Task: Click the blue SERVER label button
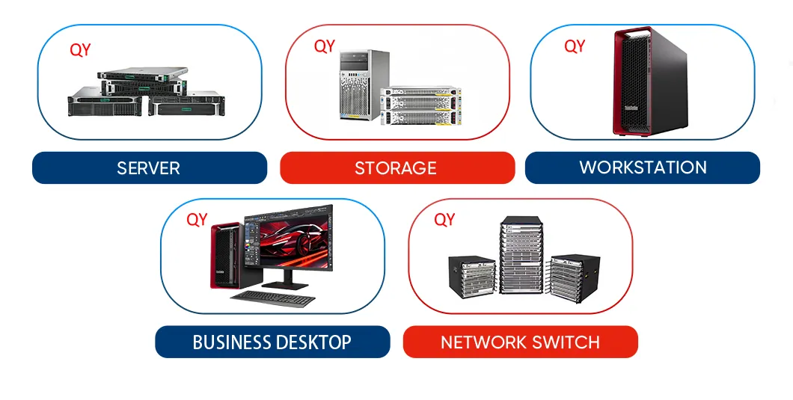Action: click(149, 167)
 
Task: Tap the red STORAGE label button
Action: click(396, 167)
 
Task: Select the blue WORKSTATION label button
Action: click(643, 167)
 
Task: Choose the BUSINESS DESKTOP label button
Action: click(272, 342)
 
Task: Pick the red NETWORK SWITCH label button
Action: click(520, 342)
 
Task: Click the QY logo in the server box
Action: click(80, 50)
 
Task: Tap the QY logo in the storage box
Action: click(325, 46)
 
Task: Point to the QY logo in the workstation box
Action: click(575, 46)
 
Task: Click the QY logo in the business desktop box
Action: click(197, 220)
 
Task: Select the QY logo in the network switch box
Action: click(444, 220)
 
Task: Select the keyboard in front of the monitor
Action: click(272, 298)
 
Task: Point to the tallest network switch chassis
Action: click(521, 256)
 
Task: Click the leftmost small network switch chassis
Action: click(471, 277)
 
